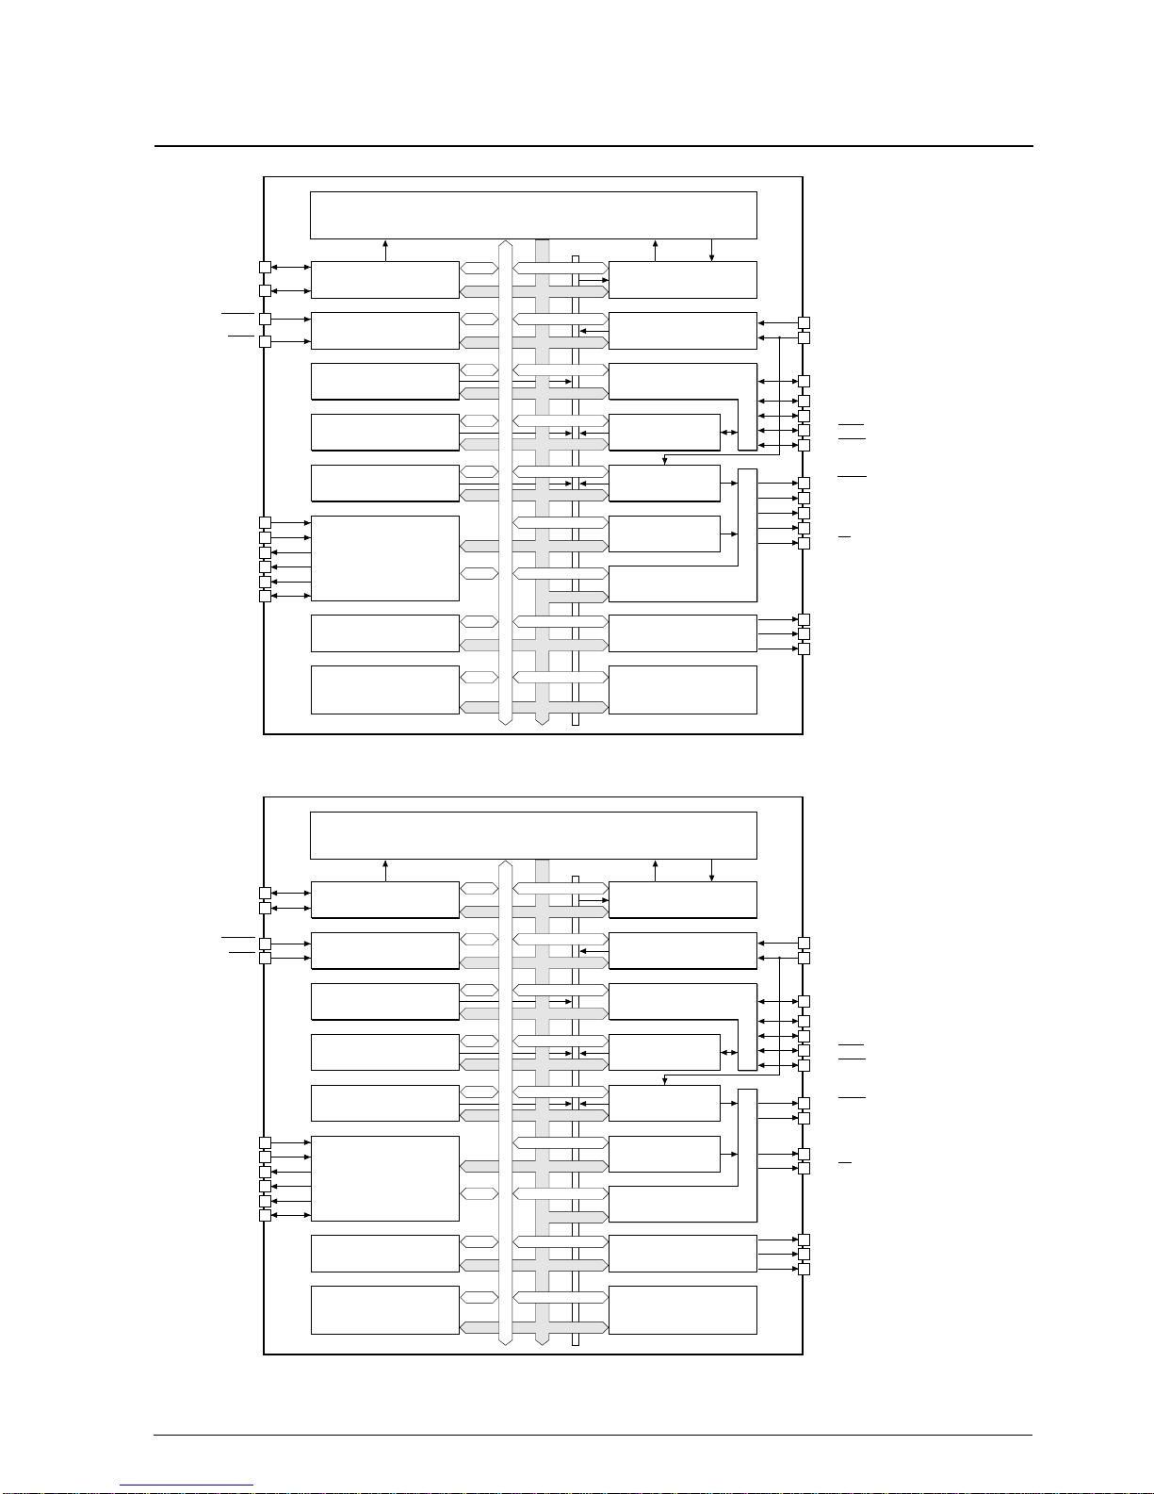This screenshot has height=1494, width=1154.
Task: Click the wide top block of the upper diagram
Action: coord(533,215)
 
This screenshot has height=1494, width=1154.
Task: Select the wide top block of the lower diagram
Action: coord(533,835)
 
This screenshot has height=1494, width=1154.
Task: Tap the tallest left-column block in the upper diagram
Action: coord(384,558)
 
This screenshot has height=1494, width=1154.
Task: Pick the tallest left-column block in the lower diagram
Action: coord(384,1178)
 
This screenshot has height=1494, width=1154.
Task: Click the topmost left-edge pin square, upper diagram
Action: coord(265,268)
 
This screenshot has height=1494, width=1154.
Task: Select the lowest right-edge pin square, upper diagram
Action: coord(804,648)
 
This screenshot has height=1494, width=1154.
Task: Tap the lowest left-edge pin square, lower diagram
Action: coord(265,1216)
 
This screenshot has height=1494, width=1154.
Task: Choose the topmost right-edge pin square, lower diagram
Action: coord(804,943)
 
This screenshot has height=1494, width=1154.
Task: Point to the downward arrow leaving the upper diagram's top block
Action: coord(711,250)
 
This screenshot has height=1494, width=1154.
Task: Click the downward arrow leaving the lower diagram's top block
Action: coord(711,870)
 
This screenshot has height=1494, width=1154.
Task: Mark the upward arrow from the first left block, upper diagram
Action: coord(386,250)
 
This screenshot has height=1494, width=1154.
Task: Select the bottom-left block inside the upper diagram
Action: coord(384,690)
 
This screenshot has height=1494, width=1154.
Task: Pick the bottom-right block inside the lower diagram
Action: coord(682,1310)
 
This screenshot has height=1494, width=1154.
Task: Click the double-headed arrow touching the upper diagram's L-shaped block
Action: coord(729,433)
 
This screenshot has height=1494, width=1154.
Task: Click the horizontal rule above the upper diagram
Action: coord(593,146)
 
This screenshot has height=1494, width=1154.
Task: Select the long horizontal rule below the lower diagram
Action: coord(593,1436)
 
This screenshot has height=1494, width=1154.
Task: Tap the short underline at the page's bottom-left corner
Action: coord(187,1486)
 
